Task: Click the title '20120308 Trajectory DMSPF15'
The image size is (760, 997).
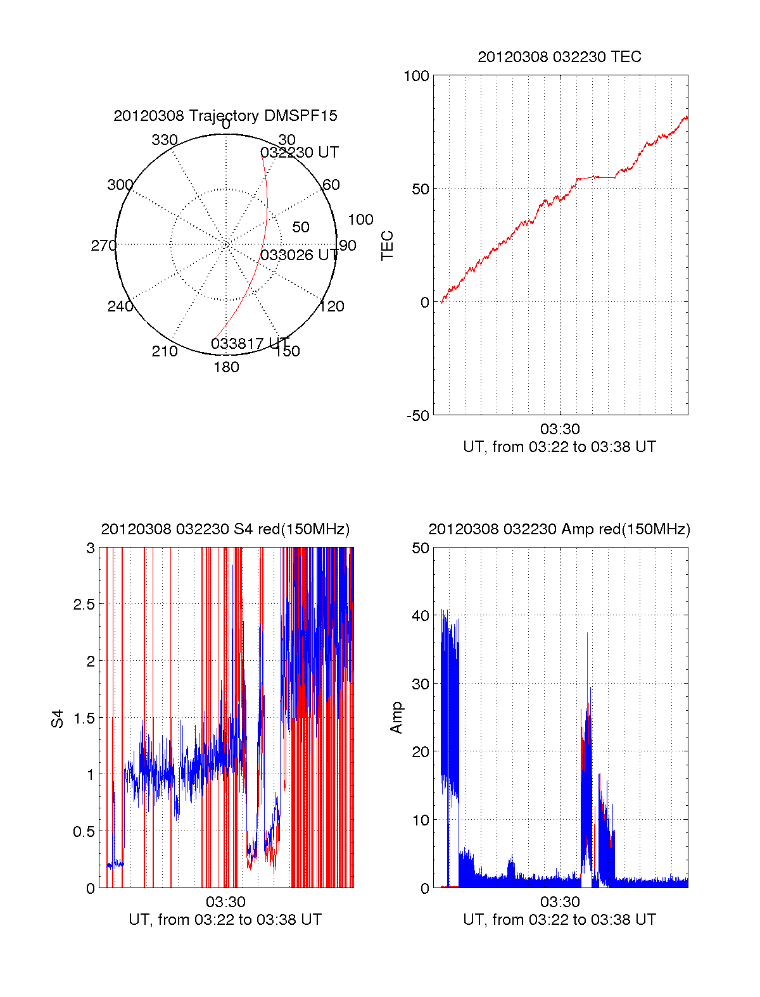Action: tap(225, 116)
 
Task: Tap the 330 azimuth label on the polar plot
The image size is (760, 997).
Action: tap(165, 140)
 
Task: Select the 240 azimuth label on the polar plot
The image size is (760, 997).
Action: tap(120, 306)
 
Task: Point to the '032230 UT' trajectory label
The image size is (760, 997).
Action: tap(300, 153)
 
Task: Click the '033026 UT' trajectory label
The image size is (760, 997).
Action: tap(300, 255)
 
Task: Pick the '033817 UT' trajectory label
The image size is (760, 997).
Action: tap(250, 344)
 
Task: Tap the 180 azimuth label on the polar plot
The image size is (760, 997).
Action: tap(226, 367)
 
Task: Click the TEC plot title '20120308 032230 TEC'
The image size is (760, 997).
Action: tap(559, 57)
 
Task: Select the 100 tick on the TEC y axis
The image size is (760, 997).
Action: tap(416, 76)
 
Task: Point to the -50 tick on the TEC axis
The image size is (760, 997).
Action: tap(418, 416)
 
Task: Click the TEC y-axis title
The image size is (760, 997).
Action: tap(387, 245)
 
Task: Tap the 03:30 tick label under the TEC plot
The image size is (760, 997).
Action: tap(560, 430)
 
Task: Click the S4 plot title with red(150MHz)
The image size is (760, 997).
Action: tap(225, 529)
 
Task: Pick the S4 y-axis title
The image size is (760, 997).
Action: tap(58, 718)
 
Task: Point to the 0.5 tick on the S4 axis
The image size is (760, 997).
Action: tap(84, 832)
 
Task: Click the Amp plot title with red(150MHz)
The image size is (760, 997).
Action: tap(559, 529)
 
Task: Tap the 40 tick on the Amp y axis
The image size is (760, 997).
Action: tap(421, 616)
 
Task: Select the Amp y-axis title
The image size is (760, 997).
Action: tap(396, 717)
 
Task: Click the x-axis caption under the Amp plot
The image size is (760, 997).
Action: tap(559, 920)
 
